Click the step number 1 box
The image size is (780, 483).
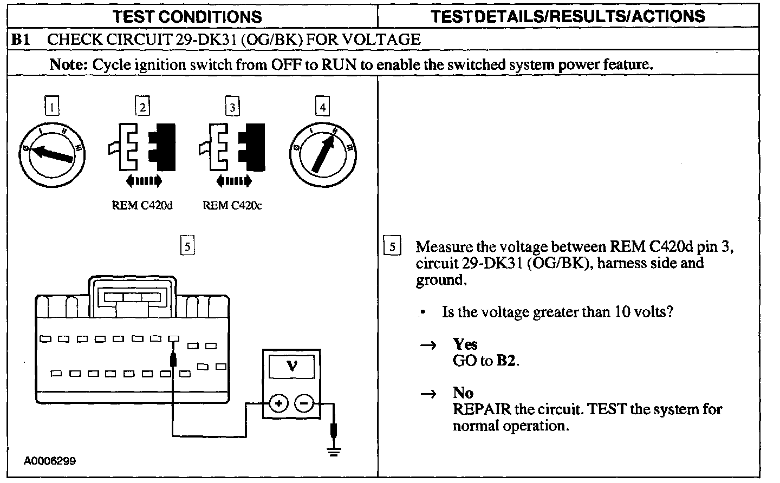click(x=51, y=107)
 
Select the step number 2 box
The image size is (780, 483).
click(x=142, y=107)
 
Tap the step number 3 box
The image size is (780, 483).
click(x=232, y=107)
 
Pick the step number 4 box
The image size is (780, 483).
click(x=322, y=107)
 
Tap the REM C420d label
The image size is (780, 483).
click(x=142, y=205)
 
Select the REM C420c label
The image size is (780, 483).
click(x=232, y=205)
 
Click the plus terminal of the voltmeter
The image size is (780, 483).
click(x=278, y=403)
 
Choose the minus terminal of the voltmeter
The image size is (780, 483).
click(x=304, y=403)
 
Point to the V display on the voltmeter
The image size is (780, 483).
click(x=292, y=367)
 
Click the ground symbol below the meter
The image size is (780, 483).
click(x=335, y=450)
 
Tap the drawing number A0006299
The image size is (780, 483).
click(x=50, y=461)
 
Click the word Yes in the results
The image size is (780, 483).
click(x=465, y=344)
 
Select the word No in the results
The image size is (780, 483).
click(x=463, y=393)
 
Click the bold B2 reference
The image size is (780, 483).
click(x=506, y=361)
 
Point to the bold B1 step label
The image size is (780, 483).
click(x=20, y=40)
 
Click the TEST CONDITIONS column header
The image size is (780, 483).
click(x=187, y=16)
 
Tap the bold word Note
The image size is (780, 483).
click(x=68, y=64)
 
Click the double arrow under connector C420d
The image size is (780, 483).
click(x=143, y=180)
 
